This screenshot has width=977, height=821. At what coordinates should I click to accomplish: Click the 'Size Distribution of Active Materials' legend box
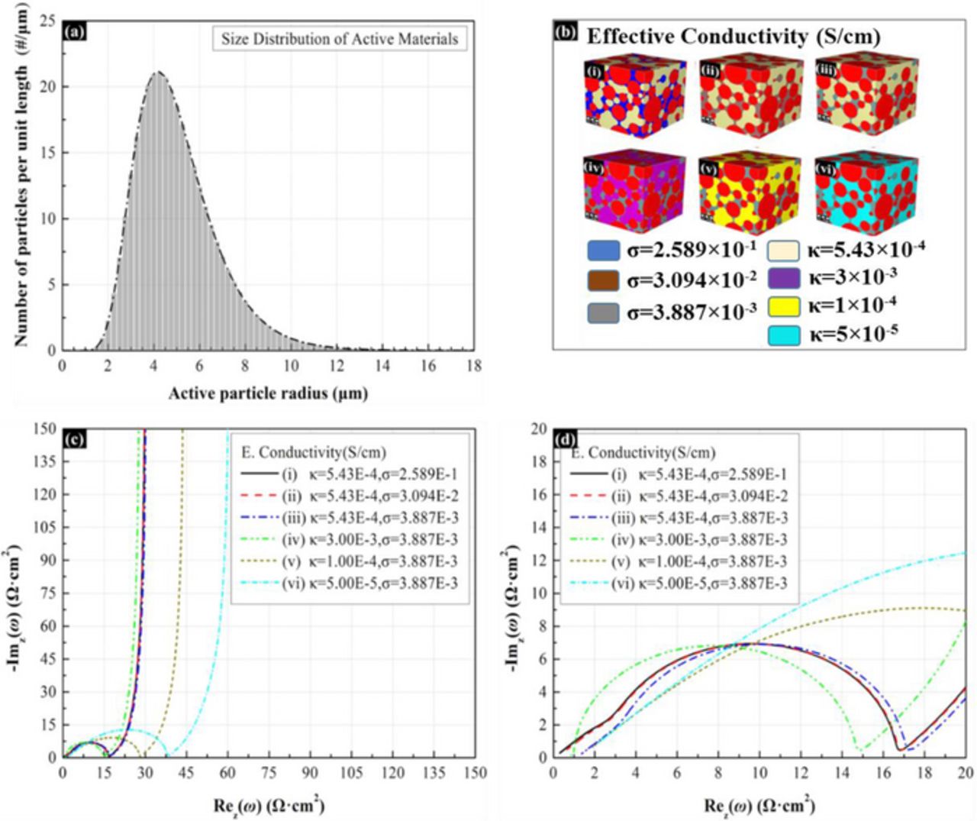(340, 38)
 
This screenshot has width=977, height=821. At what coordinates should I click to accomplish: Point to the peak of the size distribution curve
(158, 72)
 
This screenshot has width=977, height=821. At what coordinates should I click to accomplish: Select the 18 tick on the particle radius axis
(474, 366)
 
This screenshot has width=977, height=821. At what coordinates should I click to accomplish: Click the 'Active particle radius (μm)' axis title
(268, 394)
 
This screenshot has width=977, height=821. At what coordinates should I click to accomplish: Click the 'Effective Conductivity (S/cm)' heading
(733, 36)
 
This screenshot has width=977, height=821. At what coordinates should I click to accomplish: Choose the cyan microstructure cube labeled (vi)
(866, 192)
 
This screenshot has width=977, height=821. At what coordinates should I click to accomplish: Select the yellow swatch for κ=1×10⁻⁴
(783, 306)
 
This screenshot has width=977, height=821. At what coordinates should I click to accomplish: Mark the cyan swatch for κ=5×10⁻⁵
(783, 335)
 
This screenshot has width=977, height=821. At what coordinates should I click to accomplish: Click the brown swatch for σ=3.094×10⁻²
(603, 281)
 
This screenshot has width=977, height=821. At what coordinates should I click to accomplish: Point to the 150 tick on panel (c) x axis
(475, 773)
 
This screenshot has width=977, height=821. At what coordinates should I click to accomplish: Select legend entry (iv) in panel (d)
(679, 540)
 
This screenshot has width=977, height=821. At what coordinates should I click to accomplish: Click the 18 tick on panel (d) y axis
(539, 461)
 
